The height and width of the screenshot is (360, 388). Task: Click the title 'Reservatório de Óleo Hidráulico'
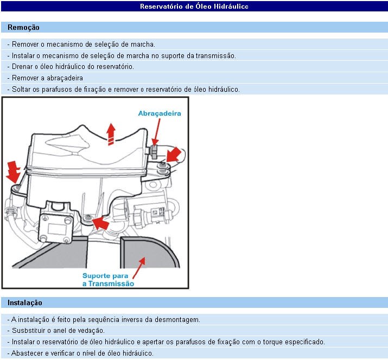click(x=194, y=7)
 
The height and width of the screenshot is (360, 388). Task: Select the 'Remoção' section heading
click(x=23, y=27)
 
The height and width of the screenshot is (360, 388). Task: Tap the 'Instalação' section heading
click(x=25, y=302)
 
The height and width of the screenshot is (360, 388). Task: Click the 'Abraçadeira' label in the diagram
click(x=159, y=113)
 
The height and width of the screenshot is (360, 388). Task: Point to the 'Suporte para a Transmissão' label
click(x=108, y=279)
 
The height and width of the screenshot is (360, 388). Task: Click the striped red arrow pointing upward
click(x=111, y=133)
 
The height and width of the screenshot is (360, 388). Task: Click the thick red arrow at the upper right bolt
click(x=175, y=154)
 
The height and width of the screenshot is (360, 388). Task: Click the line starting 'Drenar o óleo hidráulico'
click(x=71, y=67)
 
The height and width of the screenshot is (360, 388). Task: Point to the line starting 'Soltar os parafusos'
click(x=123, y=90)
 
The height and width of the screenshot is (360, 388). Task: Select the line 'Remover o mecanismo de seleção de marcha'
click(x=81, y=44)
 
